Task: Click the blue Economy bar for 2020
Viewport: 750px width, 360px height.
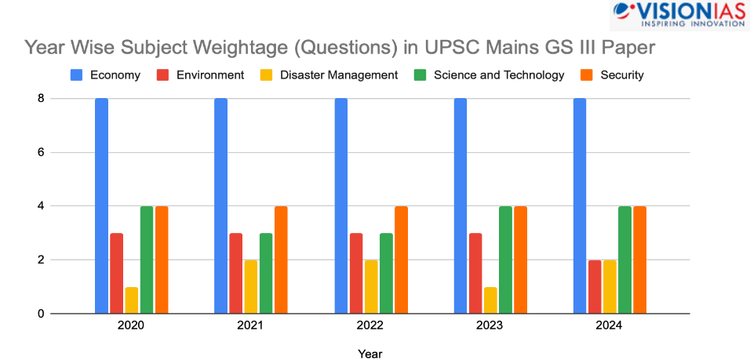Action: (101, 206)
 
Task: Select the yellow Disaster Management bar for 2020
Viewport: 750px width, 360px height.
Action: (131, 300)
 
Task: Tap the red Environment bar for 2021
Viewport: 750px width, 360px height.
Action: (235, 273)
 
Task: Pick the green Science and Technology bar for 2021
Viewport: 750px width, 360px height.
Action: (266, 273)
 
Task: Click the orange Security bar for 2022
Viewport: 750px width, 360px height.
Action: (401, 260)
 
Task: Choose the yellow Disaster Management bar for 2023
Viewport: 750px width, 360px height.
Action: (490, 300)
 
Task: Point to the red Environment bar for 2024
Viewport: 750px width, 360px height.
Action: (595, 286)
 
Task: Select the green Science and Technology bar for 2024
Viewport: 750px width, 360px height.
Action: (624, 260)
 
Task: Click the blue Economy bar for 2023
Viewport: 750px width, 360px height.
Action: (461, 206)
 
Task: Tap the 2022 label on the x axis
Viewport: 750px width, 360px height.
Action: (371, 325)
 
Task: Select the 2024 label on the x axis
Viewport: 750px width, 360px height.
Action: (610, 325)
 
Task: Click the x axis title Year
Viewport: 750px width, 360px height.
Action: (370, 354)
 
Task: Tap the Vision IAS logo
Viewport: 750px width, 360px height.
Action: (678, 15)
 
